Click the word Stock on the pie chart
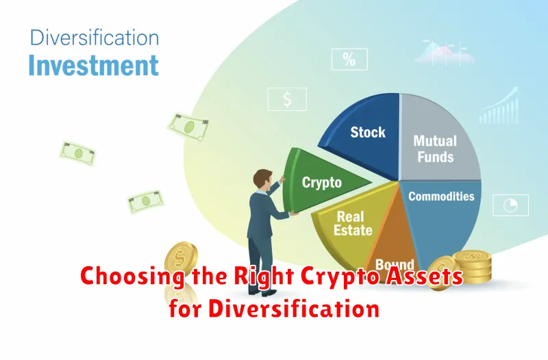pos(368,132)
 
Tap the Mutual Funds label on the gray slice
pos(435,149)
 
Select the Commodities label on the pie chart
pos(441,196)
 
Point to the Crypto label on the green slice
pos(321,183)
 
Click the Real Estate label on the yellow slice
pos(353,224)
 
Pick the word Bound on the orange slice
pos(395,264)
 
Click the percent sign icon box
pos(349,60)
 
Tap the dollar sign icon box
pos(287,99)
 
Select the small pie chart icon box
pos(510,205)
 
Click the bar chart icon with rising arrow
pos(499,106)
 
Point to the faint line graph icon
pos(444,53)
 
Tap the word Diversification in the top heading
pos(95,38)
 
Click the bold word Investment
pos(94,65)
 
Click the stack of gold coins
pos(473,267)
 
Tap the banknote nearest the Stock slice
pos(188,127)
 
